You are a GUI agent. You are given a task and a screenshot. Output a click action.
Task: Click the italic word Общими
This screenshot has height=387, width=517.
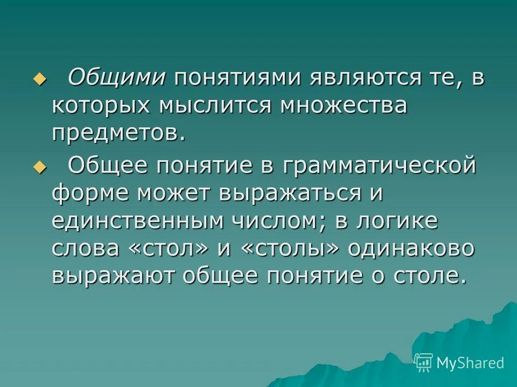point(116,77)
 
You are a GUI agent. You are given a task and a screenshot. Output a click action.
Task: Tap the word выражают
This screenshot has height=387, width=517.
point(115,277)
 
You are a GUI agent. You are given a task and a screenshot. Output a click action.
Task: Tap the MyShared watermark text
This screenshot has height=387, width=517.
point(470,363)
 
